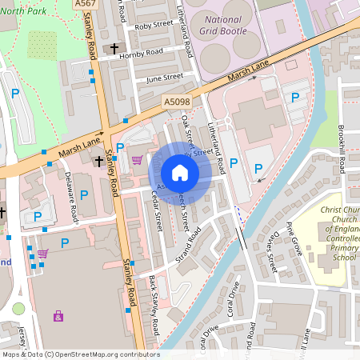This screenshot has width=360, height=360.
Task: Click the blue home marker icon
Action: click(180, 173)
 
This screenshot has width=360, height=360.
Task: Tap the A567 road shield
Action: click(88, 5)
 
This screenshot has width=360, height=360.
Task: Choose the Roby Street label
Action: click(154, 26)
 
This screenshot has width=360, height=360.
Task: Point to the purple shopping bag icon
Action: click(58, 316)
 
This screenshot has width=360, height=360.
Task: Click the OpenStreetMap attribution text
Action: click(80, 354)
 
